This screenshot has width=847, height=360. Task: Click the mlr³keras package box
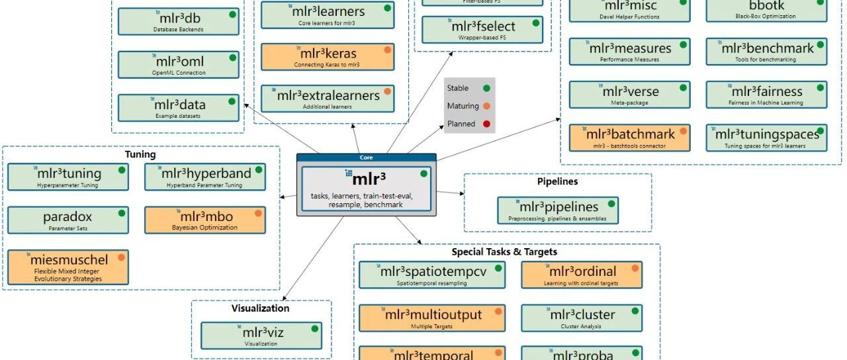click(x=328, y=57)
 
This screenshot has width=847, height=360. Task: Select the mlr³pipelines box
click(x=558, y=210)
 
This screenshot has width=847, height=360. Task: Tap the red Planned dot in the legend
click(x=486, y=124)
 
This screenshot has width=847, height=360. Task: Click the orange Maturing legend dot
click(x=486, y=106)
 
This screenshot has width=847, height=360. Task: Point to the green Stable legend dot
click(x=486, y=88)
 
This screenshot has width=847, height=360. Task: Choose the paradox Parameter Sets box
click(x=68, y=220)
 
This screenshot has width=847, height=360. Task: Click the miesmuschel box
click(x=68, y=267)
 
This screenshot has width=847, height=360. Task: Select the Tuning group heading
click(x=140, y=155)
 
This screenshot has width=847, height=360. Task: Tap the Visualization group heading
click(x=260, y=308)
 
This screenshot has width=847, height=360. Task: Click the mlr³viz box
click(x=261, y=336)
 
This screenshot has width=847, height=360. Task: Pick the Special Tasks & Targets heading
click(x=504, y=252)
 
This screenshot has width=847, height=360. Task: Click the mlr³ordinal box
click(x=582, y=275)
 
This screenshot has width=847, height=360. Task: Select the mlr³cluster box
click(x=582, y=318)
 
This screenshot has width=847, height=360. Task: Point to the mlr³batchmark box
click(x=629, y=138)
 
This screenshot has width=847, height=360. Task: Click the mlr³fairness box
click(x=766, y=95)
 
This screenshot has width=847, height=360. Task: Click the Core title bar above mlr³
click(x=366, y=158)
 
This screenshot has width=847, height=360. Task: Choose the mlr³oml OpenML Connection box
click(x=178, y=64)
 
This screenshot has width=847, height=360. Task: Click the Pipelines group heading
click(x=557, y=181)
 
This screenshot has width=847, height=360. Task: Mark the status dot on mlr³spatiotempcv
click(x=498, y=268)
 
